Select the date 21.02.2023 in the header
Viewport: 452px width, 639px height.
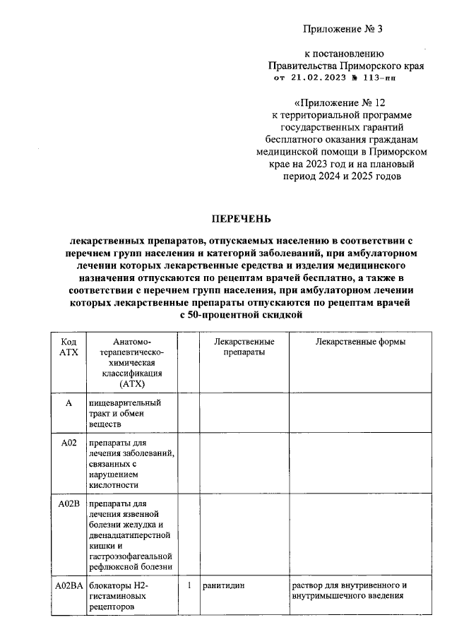click(x=311, y=78)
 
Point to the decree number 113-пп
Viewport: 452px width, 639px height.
click(x=381, y=78)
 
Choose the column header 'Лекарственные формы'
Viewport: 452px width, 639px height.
click(x=360, y=342)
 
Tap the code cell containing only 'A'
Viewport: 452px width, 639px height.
click(x=69, y=403)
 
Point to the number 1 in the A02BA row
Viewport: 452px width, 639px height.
click(x=189, y=586)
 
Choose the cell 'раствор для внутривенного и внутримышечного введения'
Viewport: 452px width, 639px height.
click(x=350, y=591)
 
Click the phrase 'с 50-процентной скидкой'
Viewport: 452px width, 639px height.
click(x=242, y=315)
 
